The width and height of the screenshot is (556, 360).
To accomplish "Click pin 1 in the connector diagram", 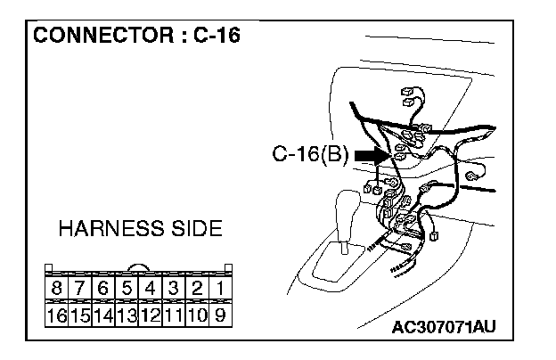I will click(218, 289).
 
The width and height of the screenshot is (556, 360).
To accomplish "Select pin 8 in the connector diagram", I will click(56, 289).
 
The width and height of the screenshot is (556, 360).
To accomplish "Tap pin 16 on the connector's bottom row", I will click(56, 315).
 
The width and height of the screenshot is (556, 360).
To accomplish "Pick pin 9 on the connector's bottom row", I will click(218, 315).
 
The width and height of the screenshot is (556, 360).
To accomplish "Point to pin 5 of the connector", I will click(126, 289).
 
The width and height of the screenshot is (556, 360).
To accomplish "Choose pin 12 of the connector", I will click(149, 315).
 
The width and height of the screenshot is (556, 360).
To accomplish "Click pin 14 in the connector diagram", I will click(102, 315).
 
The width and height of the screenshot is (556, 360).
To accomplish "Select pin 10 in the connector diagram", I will click(195, 315).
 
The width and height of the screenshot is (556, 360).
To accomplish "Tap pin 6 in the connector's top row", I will click(102, 289).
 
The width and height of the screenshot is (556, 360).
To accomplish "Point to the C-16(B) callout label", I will click(310, 156).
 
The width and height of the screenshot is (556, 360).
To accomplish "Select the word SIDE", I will click(194, 228).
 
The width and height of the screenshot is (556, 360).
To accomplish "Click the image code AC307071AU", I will click(443, 327).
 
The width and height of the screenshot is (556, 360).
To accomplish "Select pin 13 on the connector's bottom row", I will click(126, 315).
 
